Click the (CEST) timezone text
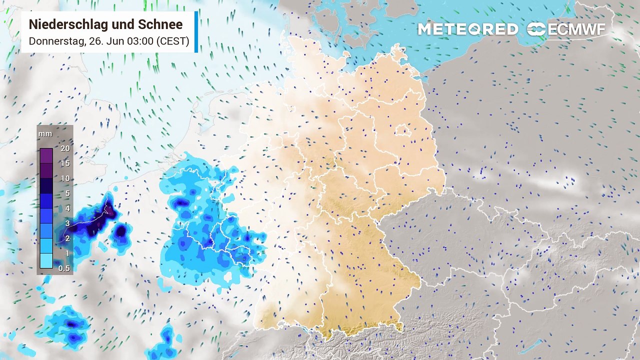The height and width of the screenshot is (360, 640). tap(173, 41)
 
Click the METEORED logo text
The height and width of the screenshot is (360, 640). tap(467, 29)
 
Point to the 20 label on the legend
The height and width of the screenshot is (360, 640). tap(64, 148)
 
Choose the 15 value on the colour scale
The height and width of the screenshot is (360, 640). tap(64, 163)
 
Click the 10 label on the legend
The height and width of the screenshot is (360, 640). tap(64, 178)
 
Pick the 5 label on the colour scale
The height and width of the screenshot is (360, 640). tap(66, 193)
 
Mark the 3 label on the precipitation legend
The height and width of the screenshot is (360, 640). tap(66, 223)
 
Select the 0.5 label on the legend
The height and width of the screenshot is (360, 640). tap(64, 268)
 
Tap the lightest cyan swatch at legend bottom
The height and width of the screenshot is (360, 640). tap(46, 260)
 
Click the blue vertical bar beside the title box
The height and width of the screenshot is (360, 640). tap(196, 32)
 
